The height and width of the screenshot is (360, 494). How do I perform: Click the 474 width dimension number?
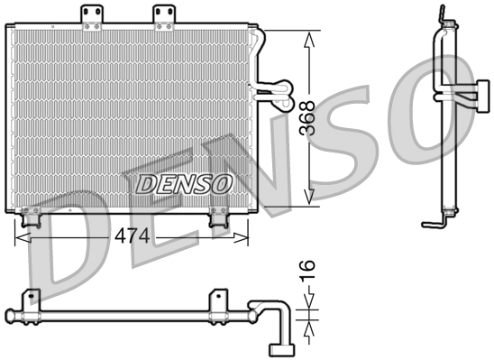[131, 236]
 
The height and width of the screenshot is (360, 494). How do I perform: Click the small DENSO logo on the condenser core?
[184, 185]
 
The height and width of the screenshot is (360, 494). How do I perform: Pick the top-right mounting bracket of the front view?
[163, 15]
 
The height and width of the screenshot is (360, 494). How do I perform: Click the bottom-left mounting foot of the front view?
[31, 217]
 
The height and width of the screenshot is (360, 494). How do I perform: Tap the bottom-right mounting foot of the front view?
[218, 217]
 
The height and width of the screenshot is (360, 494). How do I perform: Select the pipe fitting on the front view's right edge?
[271, 88]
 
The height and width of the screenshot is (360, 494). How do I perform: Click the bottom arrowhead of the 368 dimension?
[309, 198]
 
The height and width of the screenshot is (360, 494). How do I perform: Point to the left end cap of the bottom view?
[9, 316]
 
